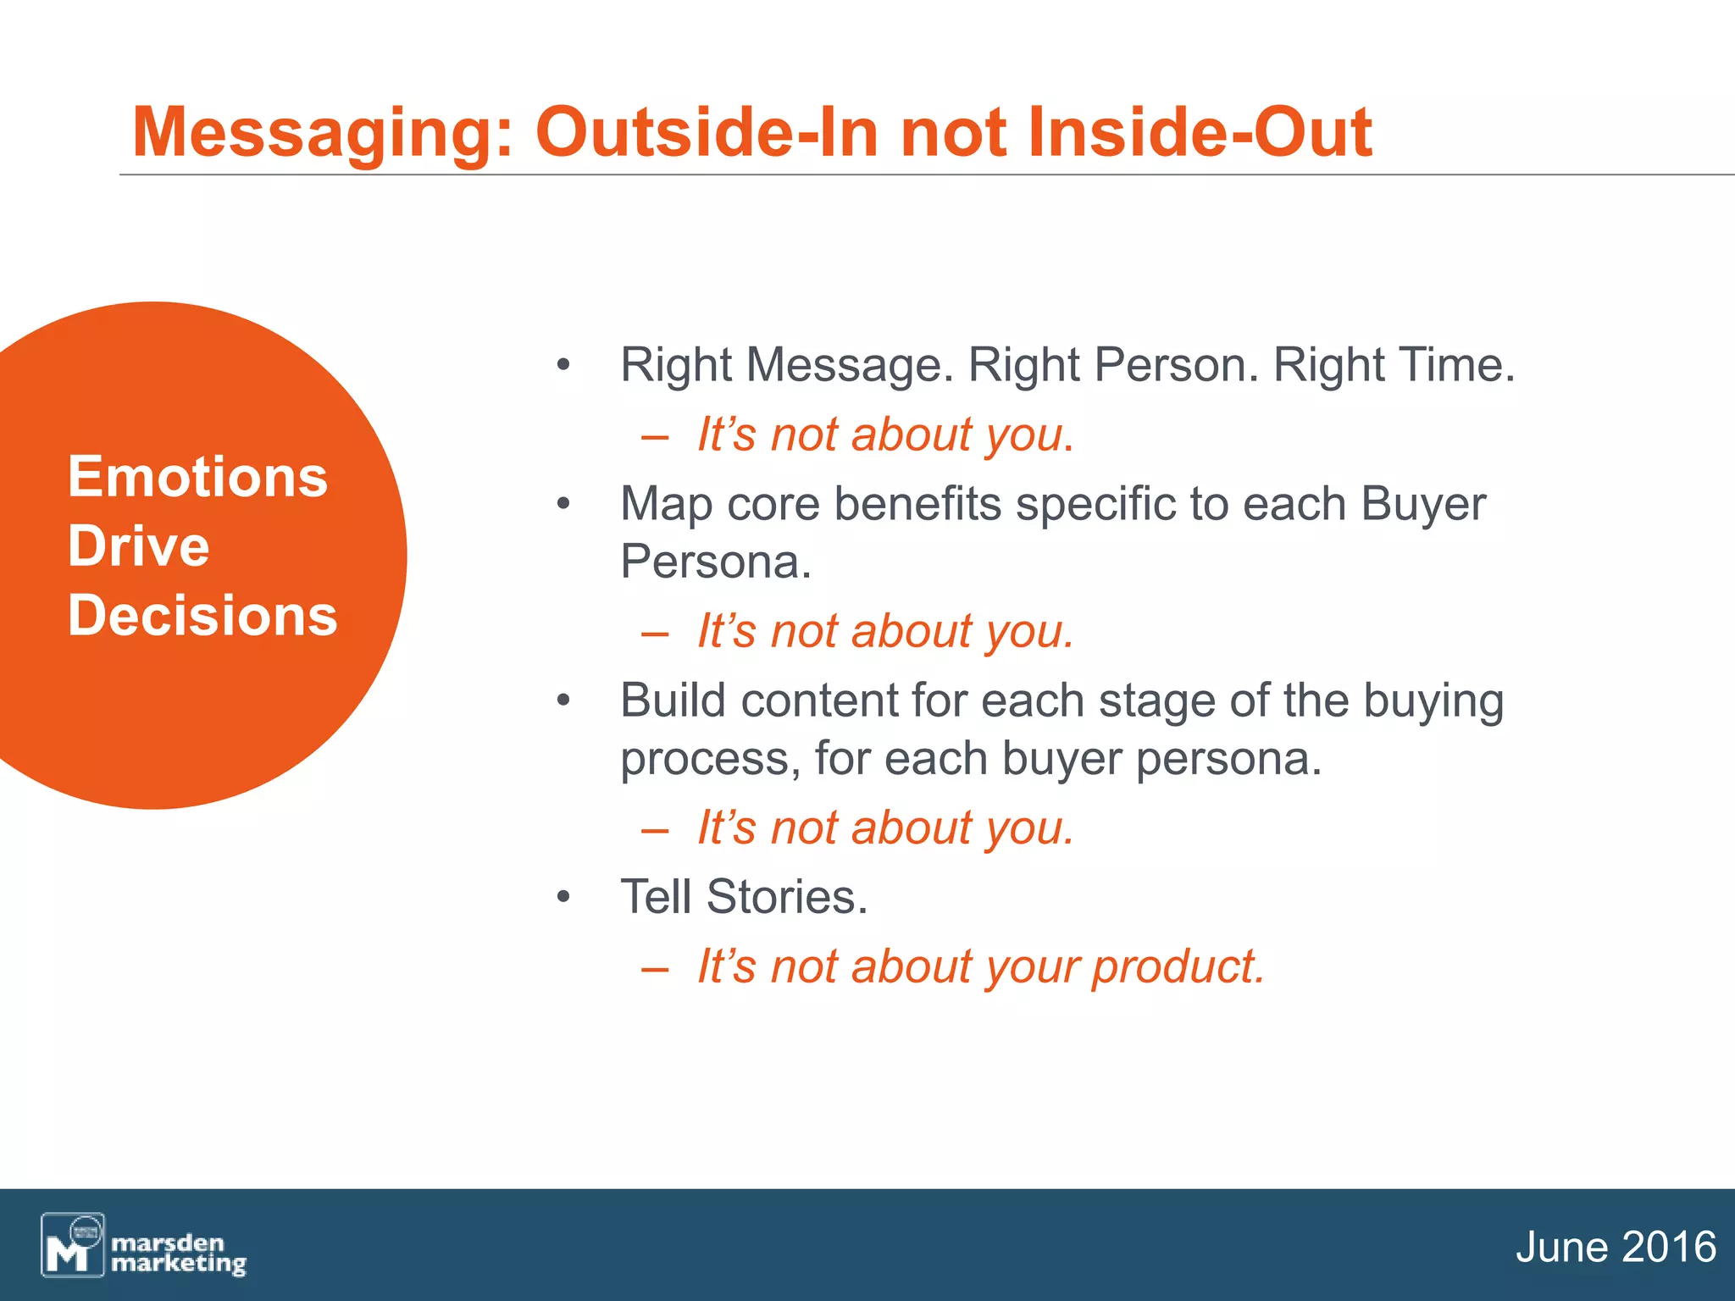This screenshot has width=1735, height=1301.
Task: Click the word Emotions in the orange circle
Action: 197,477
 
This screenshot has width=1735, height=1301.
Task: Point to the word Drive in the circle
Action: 138,545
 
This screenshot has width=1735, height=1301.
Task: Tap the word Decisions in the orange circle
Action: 202,615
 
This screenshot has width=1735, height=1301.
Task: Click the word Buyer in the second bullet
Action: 1422,505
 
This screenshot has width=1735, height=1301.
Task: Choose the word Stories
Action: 785,898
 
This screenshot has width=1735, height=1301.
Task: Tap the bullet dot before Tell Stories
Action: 563,898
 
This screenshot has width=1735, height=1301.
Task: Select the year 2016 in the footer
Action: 1668,1248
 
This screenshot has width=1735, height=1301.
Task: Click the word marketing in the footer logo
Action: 178,1264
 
